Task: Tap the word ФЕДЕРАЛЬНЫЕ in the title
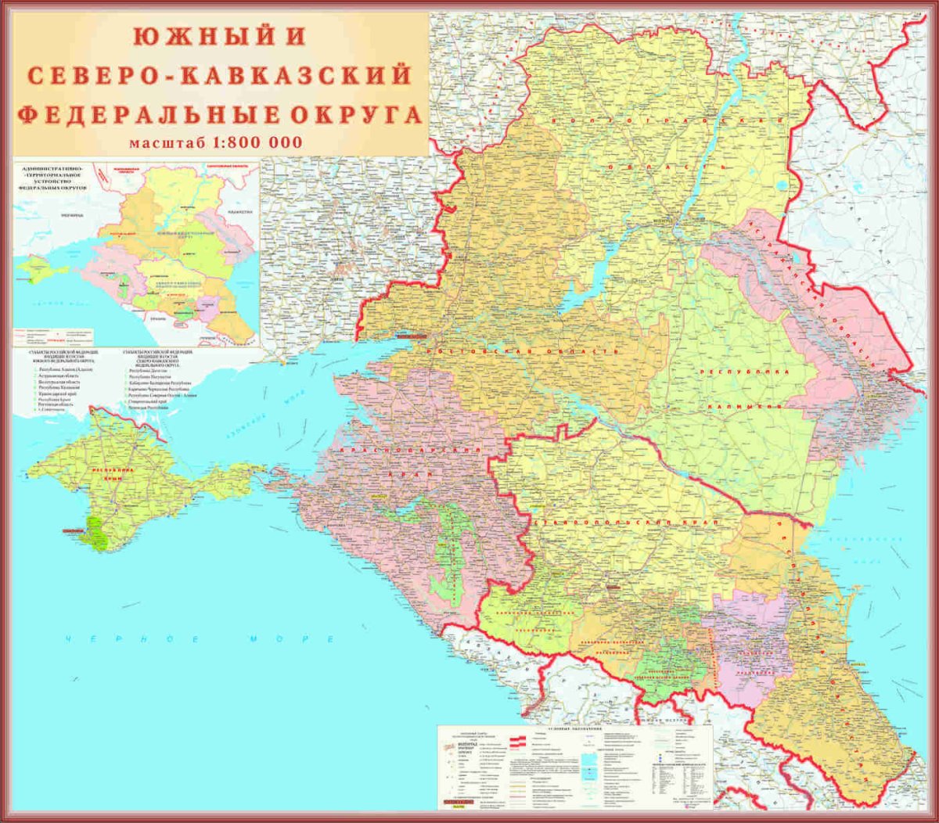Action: pyautogui.click(x=133, y=115)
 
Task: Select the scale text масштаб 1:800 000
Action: pyautogui.click(x=216, y=142)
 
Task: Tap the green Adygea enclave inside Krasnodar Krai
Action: pyautogui.click(x=446, y=548)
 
